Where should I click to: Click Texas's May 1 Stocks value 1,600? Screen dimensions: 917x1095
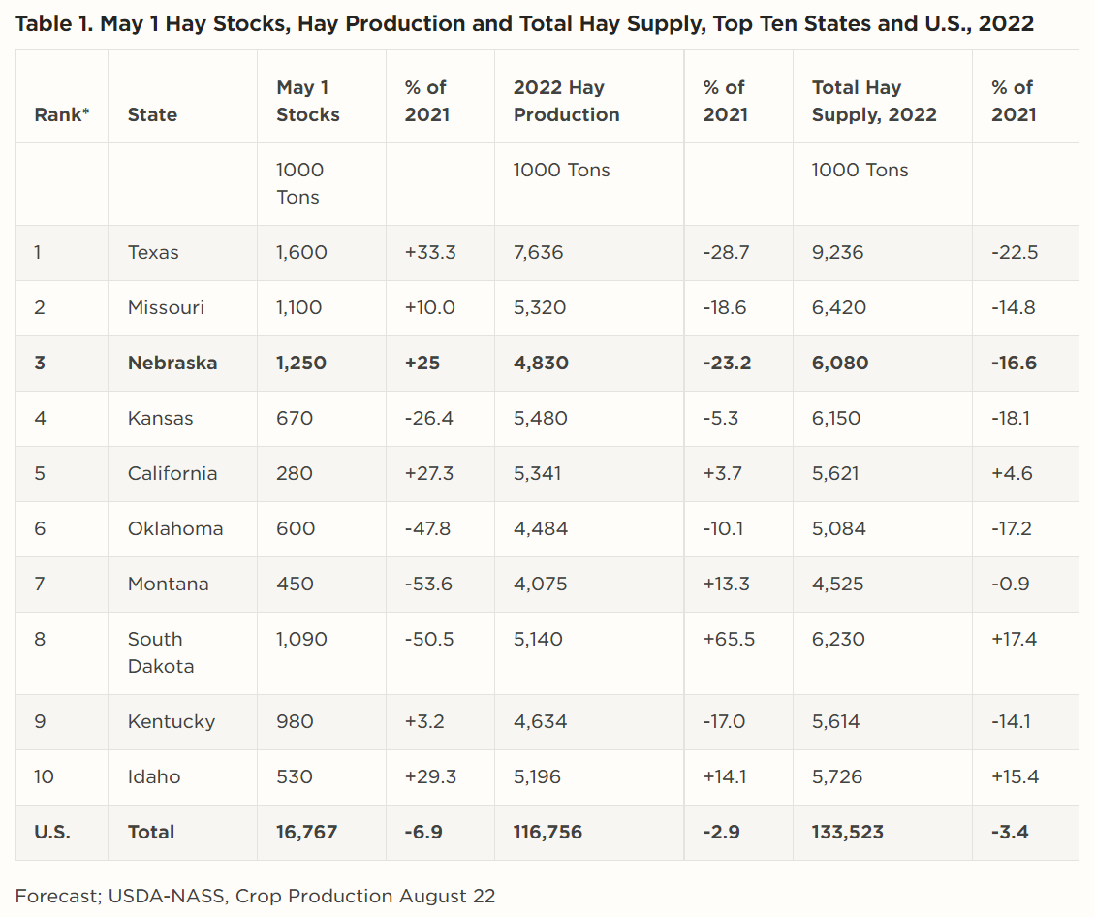point(301,253)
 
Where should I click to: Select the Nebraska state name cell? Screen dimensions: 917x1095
point(172,364)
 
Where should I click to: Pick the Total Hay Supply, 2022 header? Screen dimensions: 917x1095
point(874,101)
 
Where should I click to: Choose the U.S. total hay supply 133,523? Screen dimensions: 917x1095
point(847,832)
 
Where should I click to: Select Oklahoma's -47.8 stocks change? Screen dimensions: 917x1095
point(429,529)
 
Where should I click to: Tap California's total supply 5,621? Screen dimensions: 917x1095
point(838,474)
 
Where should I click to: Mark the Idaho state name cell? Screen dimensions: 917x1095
point(154,776)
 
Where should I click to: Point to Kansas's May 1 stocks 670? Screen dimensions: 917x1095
point(294,419)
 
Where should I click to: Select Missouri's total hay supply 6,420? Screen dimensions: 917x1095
point(838,308)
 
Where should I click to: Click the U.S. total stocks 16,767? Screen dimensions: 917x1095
point(306,832)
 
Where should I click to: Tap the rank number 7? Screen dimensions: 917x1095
point(39,585)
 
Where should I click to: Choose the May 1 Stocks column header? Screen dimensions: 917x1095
point(308,101)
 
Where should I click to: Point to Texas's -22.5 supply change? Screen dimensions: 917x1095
point(1014,253)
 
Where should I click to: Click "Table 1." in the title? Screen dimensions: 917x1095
point(52,24)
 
